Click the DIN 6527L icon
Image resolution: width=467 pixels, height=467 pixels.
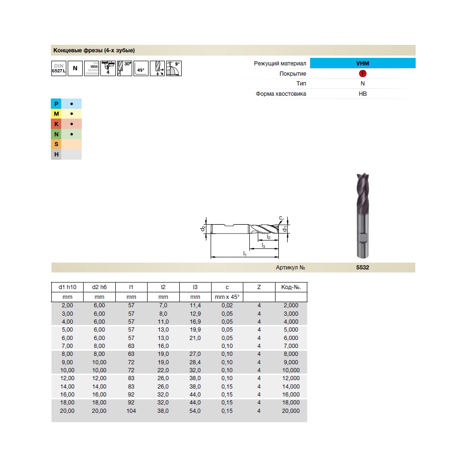pyautogui.click(x=59, y=69)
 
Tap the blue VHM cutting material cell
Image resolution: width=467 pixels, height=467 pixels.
pyautogui.click(x=362, y=63)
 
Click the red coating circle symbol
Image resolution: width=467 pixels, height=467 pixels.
pyautogui.click(x=362, y=74)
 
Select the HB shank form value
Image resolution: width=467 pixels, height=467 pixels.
pyautogui.click(x=362, y=94)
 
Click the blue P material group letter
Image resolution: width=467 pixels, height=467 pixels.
pyautogui.click(x=57, y=104)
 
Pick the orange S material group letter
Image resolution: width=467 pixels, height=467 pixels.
pyautogui.click(x=57, y=144)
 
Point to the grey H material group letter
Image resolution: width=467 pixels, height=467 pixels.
pyautogui.click(x=57, y=154)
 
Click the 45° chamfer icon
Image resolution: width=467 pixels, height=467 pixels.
pyautogui.click(x=141, y=69)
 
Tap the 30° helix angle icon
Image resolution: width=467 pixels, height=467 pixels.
pyautogui.click(x=125, y=69)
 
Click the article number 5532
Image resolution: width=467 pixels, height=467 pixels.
pyautogui.click(x=362, y=268)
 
